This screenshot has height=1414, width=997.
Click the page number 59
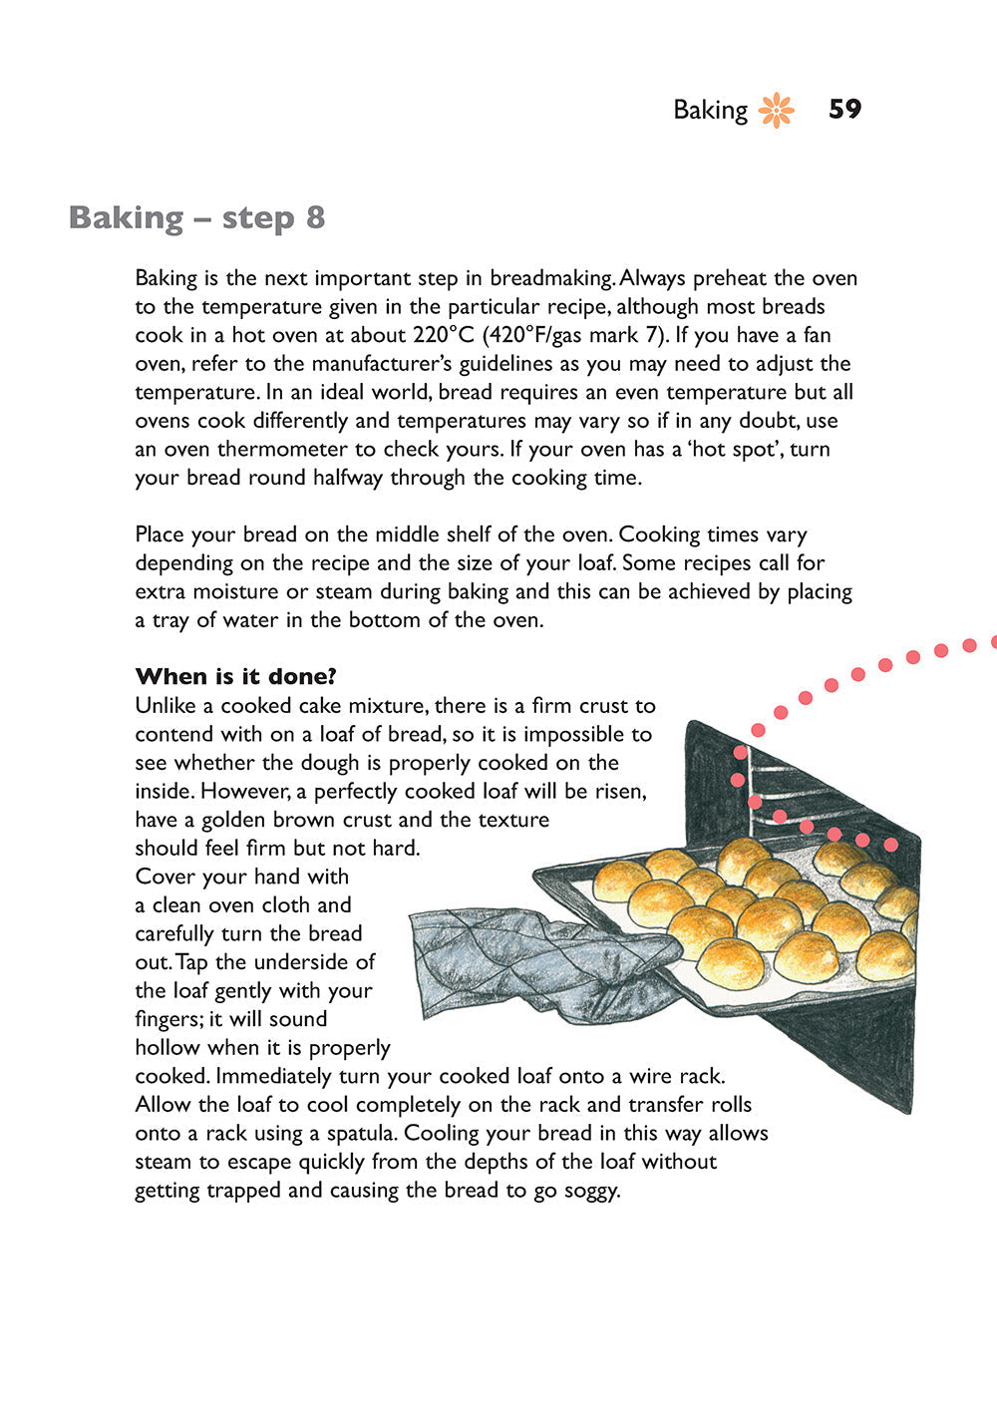point(844,109)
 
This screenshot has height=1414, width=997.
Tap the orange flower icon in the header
point(777,110)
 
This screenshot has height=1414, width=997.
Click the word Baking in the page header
point(710,110)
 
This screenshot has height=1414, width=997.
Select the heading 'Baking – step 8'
point(196,217)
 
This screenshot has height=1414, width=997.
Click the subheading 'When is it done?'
point(236,676)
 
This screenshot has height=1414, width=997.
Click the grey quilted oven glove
point(528,957)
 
